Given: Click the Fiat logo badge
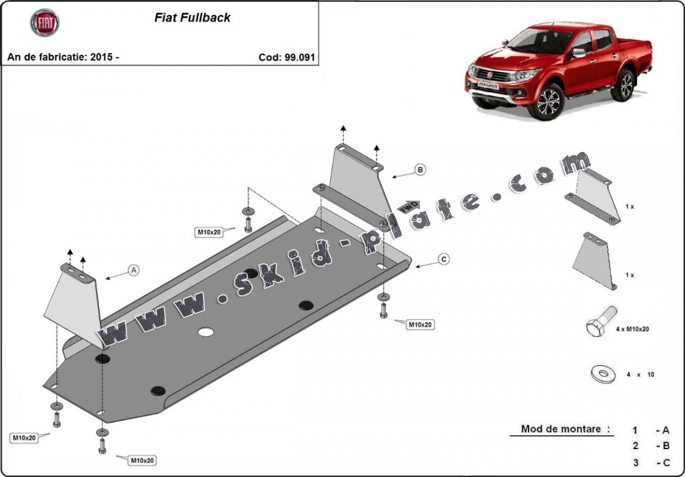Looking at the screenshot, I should click(x=45, y=23).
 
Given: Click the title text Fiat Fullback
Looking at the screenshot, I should click(x=192, y=18).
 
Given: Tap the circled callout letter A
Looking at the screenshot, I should click(x=134, y=270).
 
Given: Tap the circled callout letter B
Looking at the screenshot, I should click(x=420, y=170).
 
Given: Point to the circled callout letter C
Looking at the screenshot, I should click(x=444, y=259).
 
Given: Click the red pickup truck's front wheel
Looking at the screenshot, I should click(x=548, y=102).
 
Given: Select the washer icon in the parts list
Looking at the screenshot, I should click(x=603, y=374).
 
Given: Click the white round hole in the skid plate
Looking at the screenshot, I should click(x=206, y=332).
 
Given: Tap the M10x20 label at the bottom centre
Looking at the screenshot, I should click(x=143, y=460).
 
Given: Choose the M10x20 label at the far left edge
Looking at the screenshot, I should click(x=24, y=438).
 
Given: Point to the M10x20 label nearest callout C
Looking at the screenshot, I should click(x=420, y=325).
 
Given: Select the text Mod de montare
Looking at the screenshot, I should click(x=561, y=429).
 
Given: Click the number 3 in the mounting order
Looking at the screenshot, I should click(x=635, y=462).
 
